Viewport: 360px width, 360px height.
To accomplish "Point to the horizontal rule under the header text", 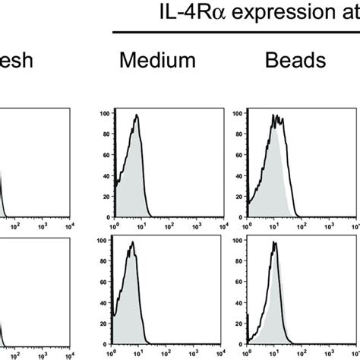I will point(235,32).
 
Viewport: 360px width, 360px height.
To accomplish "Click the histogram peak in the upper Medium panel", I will point(137,116).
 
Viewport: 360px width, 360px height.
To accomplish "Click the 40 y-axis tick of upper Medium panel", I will point(106,173).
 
